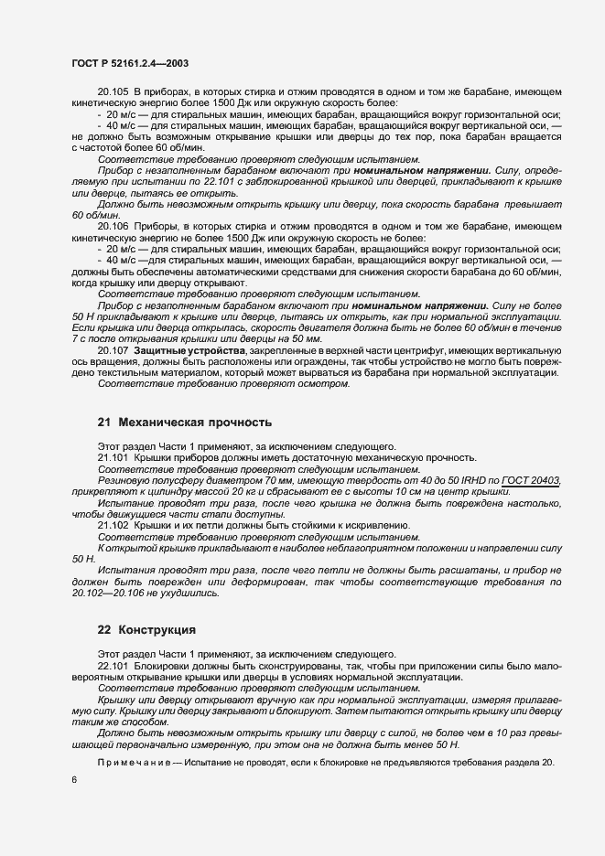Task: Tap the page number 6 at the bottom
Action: point(73,778)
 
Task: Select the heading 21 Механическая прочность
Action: point(184,423)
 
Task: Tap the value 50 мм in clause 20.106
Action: point(308,337)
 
